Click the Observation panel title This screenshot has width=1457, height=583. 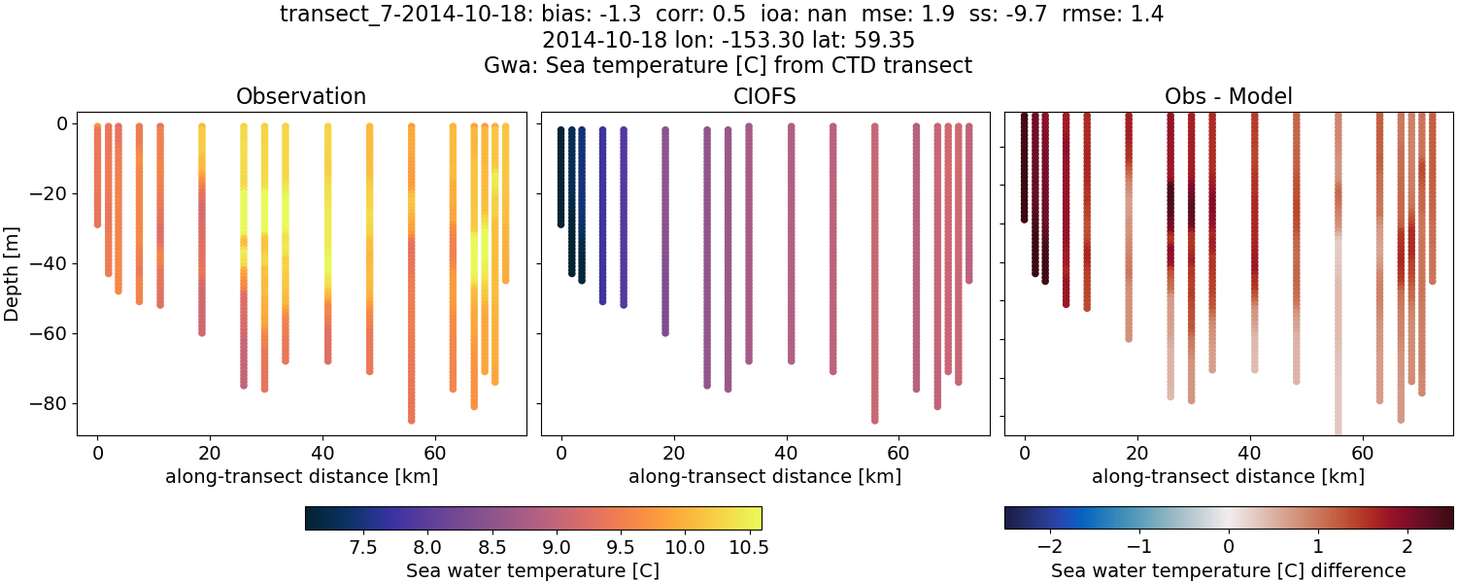(301, 97)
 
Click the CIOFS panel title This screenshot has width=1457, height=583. (764, 97)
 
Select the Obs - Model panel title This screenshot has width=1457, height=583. (1228, 97)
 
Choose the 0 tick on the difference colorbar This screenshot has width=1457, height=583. (1229, 547)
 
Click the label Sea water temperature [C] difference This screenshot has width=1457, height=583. (1228, 570)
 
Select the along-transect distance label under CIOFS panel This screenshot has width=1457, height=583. (764, 476)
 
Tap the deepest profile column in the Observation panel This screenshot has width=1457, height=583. (411, 272)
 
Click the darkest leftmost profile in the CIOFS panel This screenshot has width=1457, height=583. (560, 175)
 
